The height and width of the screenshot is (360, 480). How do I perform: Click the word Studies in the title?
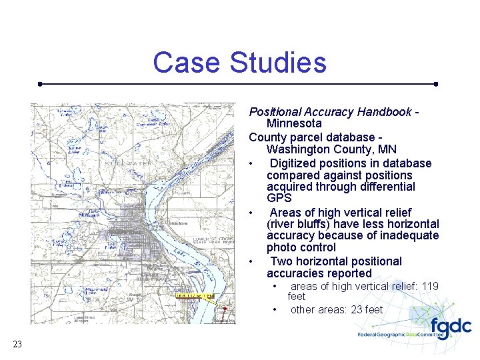278,63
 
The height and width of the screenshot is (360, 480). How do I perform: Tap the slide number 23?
17,344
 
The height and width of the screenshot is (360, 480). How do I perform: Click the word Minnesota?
294,123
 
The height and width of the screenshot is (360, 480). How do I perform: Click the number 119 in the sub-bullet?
430,287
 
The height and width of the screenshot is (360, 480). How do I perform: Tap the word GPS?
279,199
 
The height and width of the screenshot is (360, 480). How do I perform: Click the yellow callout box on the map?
195,295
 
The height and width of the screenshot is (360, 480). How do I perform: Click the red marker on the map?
225,309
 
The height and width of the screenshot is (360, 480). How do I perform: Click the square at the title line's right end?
435,85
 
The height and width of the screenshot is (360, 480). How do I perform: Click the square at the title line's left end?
41,85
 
